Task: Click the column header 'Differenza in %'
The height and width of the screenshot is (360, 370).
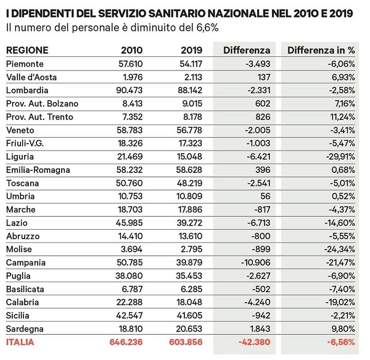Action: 321,50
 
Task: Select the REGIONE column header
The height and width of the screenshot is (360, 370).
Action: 27,50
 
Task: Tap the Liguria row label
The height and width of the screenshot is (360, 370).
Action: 20,157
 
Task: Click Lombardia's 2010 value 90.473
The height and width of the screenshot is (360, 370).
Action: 129,90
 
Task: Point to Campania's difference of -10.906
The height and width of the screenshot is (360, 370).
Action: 256,262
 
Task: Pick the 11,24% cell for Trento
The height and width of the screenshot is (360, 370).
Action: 342,117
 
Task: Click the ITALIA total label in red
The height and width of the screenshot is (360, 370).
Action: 20,342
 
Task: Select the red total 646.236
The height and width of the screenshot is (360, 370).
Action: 126,342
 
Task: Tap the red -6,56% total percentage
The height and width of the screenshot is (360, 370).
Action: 341,342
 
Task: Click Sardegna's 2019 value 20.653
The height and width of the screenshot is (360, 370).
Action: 189,329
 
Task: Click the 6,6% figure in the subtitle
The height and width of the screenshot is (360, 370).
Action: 207,28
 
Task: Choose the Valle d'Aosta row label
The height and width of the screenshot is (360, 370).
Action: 31,77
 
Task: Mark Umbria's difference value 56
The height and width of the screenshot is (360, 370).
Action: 265,196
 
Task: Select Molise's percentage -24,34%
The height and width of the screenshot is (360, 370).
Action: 340,249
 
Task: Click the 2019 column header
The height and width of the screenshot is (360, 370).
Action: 192,50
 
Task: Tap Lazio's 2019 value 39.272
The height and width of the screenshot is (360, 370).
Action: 189,223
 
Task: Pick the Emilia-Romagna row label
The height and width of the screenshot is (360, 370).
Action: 38,170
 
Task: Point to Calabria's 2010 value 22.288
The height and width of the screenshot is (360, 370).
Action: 129,302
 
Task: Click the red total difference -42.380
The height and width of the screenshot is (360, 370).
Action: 254,342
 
